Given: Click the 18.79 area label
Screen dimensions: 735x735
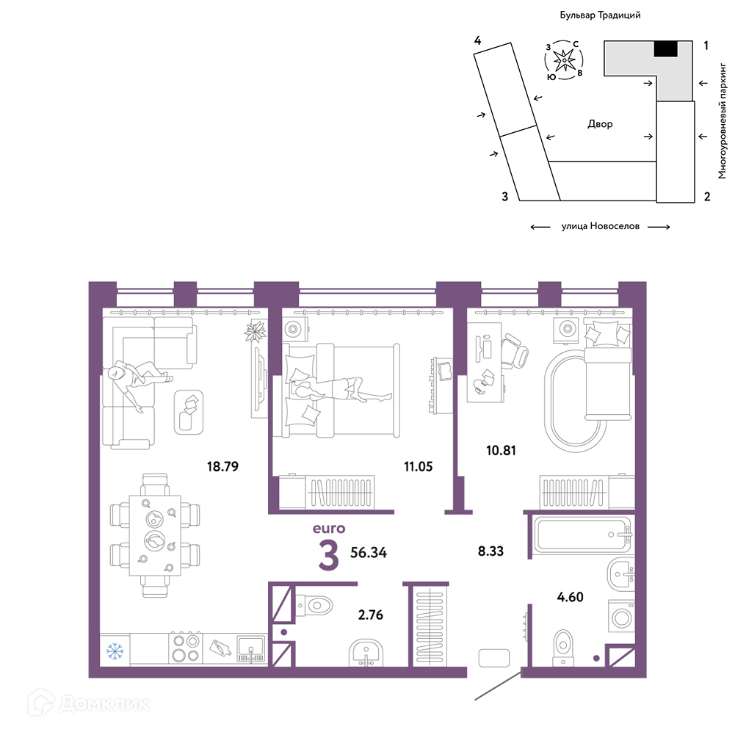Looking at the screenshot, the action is click(x=222, y=466).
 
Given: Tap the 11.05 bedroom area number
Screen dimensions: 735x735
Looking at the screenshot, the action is click(x=418, y=466).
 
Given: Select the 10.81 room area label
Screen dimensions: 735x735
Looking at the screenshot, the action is click(x=501, y=450).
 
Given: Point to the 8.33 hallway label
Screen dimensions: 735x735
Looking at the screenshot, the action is click(x=490, y=551).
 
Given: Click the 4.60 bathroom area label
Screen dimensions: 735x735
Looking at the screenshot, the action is click(x=570, y=597).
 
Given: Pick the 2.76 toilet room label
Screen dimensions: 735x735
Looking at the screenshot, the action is click(x=370, y=615).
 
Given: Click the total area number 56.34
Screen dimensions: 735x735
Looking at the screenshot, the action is click(x=369, y=553).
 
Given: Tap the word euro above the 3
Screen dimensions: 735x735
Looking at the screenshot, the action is click(x=329, y=529).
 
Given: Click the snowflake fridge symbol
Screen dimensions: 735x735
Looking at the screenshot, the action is click(x=115, y=651).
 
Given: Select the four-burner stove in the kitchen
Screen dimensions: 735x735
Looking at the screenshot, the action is click(x=186, y=648).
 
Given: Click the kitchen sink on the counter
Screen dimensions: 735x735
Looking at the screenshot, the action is click(x=251, y=648).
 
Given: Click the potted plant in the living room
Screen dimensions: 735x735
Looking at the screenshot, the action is click(x=256, y=331).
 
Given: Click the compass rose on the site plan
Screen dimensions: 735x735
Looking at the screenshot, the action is click(x=564, y=60).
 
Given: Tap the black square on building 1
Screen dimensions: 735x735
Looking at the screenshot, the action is click(x=666, y=48).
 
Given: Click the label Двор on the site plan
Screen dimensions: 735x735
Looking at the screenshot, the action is click(x=600, y=124).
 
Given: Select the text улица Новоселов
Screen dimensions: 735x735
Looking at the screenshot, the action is click(x=601, y=226).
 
